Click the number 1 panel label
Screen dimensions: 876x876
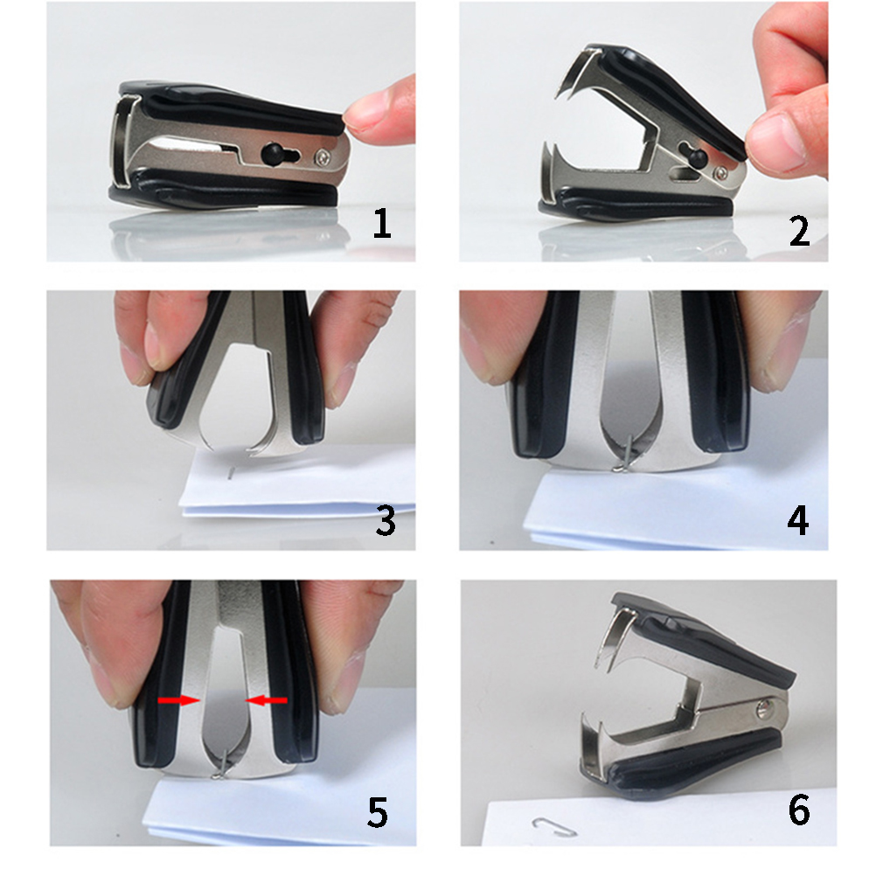tap(381, 224)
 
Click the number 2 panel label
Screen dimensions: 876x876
tap(799, 230)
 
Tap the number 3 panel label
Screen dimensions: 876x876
tap(386, 521)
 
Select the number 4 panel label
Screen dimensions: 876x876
tap(798, 520)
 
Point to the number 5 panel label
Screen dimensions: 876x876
tap(378, 812)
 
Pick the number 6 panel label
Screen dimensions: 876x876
tap(799, 810)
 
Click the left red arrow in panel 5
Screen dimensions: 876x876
tap(178, 700)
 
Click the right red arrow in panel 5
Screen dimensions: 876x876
tap(267, 700)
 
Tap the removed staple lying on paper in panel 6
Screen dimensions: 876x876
tap(554, 827)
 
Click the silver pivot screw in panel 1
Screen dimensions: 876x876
tap(323, 157)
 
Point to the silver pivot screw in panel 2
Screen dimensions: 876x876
tap(721, 174)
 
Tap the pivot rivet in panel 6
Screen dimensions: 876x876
tap(763, 710)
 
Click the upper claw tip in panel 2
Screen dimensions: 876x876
tap(556, 98)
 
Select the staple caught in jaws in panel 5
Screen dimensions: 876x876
tap(221, 764)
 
